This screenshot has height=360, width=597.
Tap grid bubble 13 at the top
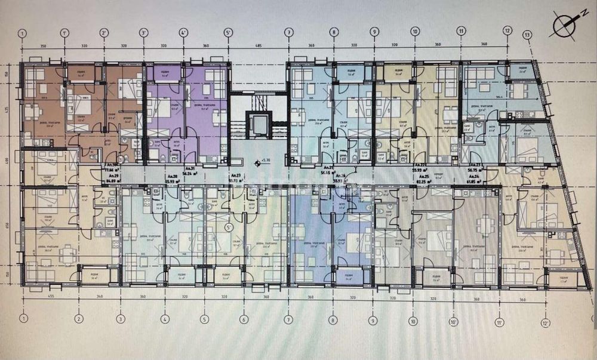point(527,35)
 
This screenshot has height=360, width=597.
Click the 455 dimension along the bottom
point(51,296)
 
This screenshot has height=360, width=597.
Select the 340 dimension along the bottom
point(100,296)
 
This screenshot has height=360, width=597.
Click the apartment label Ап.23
point(475,165)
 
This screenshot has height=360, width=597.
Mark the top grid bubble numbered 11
point(461,31)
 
